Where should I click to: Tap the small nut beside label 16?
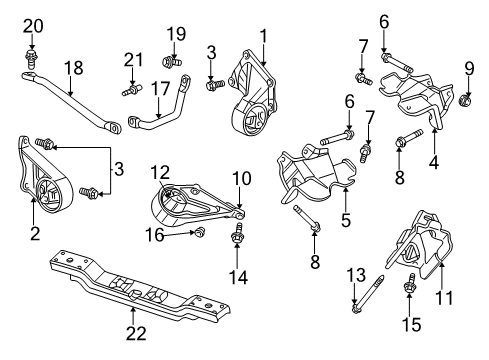click(x=198, y=232)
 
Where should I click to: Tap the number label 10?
click(x=243, y=178)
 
